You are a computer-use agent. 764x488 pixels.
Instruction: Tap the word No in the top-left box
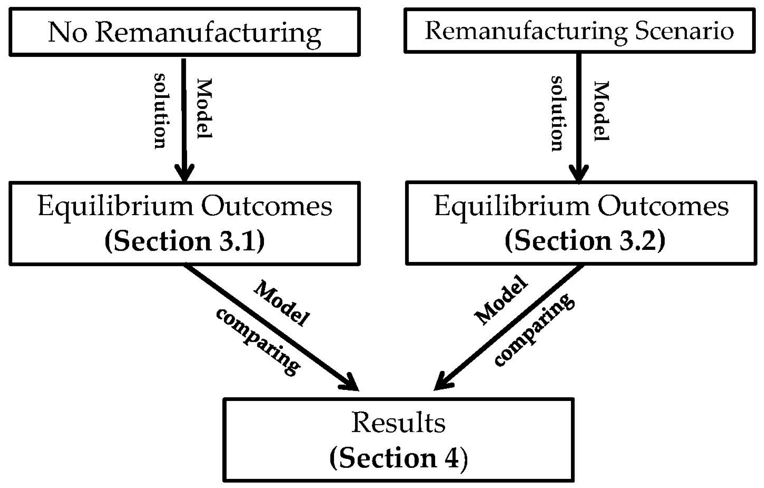click(67, 32)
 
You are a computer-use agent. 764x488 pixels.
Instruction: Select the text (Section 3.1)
click(185, 241)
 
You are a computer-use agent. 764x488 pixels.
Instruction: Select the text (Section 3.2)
click(585, 241)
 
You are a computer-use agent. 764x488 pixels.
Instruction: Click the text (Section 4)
click(398, 458)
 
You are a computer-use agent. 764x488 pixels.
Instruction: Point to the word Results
click(398, 422)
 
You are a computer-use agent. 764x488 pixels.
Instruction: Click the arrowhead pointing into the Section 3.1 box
click(185, 173)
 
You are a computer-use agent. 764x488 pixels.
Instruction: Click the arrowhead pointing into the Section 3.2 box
click(579, 174)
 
